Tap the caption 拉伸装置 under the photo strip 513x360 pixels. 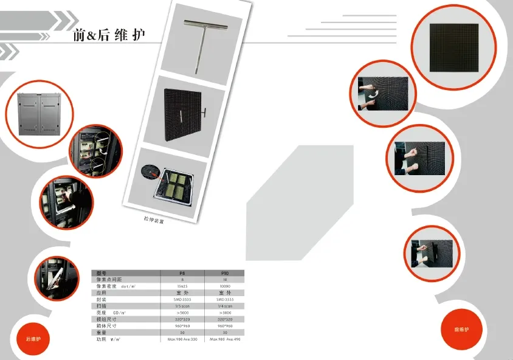tap(154, 220)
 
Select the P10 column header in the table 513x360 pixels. tap(225, 273)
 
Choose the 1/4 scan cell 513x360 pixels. tap(225, 306)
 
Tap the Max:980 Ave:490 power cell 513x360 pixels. tap(225, 339)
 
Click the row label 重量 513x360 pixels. tap(101, 332)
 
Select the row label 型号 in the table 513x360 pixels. tap(101, 273)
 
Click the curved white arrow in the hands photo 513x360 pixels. tap(374, 93)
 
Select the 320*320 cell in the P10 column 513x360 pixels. tap(225, 319)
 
